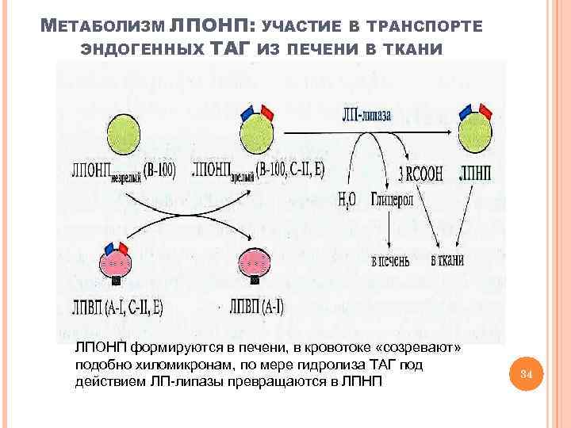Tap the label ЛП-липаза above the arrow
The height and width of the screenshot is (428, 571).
tap(366, 114)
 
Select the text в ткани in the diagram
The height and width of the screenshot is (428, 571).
tap(447, 261)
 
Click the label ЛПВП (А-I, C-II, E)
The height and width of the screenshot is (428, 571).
tap(117, 308)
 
